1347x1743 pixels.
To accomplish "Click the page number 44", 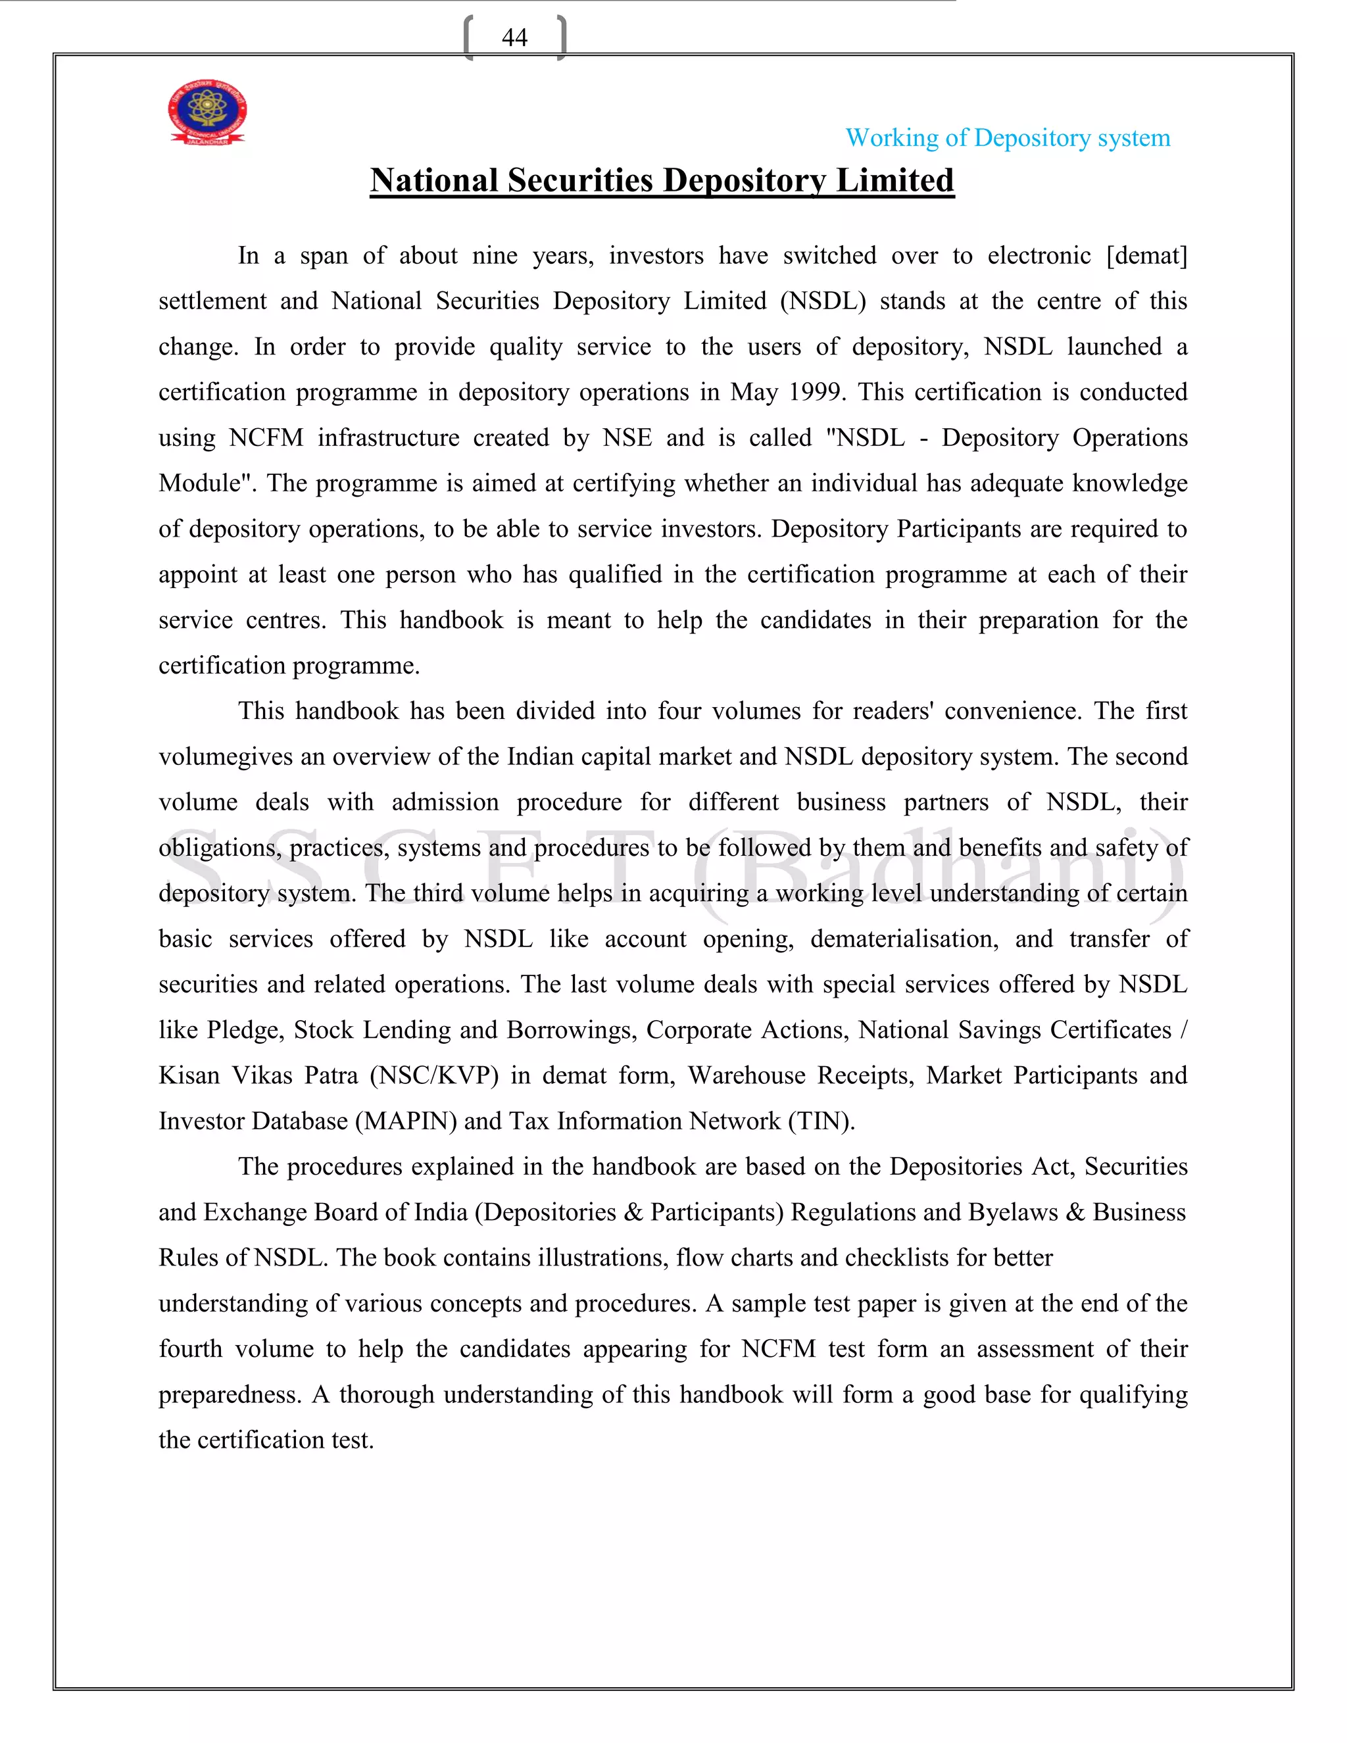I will pos(515,37).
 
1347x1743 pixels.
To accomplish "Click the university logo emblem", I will pos(207,112).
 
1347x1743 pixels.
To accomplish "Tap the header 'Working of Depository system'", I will pos(1007,138).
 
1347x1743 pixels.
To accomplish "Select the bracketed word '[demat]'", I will pos(1146,255).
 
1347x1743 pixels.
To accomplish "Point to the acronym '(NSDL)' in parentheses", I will pos(823,301).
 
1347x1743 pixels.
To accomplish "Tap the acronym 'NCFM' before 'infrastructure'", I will pos(266,437).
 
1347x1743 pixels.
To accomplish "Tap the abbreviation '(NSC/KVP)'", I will pos(434,1075).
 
